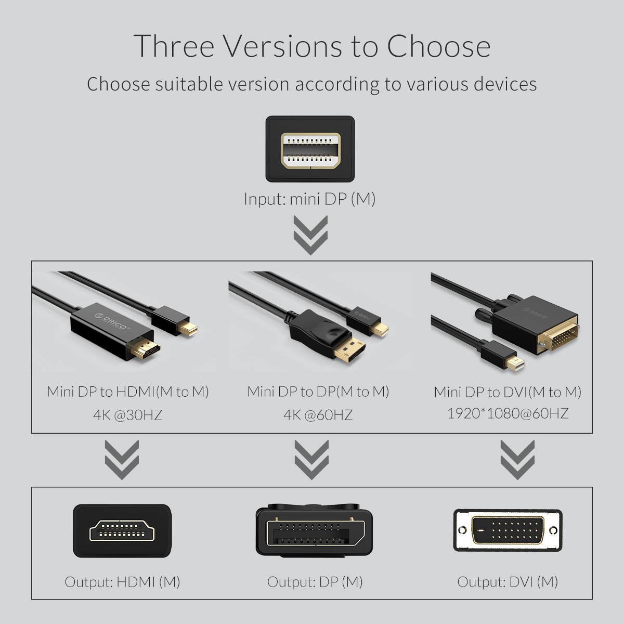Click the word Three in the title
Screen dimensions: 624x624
pyautogui.click(x=174, y=46)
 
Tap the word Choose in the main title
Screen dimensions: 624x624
pyautogui.click(x=438, y=46)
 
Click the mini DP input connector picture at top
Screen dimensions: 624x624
pyautogui.click(x=310, y=150)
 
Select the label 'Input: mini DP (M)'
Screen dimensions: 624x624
pyautogui.click(x=310, y=199)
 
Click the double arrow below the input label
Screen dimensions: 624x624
pyautogui.click(x=310, y=235)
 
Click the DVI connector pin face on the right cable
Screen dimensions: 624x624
pyautogui.click(x=558, y=337)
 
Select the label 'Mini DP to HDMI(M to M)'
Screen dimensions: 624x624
pyautogui.click(x=128, y=392)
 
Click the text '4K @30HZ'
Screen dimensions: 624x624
pyautogui.click(x=128, y=415)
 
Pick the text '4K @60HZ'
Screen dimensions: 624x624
pyautogui.click(x=318, y=415)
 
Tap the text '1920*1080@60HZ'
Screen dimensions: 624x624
pyautogui.click(x=508, y=413)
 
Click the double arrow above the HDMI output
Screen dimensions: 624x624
pyautogui.click(x=122, y=460)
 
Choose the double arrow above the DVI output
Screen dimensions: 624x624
pyautogui.click(x=517, y=460)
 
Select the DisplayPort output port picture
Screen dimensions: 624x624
pyautogui.click(x=314, y=532)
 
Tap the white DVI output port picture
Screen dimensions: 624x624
pyautogui.click(x=508, y=530)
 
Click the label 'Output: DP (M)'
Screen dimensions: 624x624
pyautogui.click(x=315, y=581)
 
